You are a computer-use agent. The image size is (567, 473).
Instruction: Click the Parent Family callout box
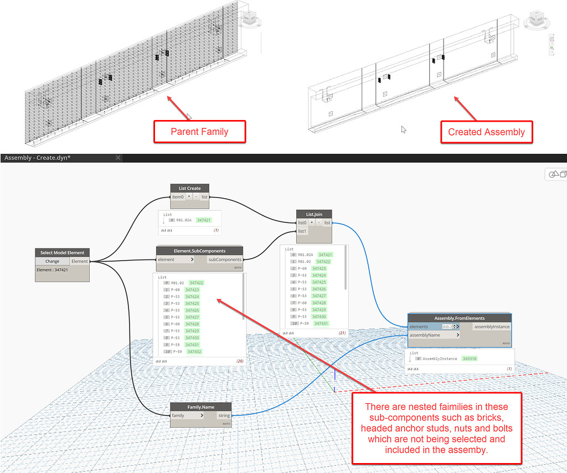[x=199, y=132]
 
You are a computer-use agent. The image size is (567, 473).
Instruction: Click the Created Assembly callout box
[x=486, y=132]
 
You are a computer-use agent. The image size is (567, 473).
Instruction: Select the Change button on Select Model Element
[x=52, y=261]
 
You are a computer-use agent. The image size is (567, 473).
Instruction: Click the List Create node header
[x=190, y=188]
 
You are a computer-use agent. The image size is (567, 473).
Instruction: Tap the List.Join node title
[x=313, y=214]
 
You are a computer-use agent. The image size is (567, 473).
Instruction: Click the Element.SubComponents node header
[x=199, y=251]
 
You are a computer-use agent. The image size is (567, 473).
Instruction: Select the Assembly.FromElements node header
[x=460, y=318]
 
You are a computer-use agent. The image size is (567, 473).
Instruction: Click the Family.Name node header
[x=201, y=407]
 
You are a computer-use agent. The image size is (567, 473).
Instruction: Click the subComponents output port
[x=225, y=259]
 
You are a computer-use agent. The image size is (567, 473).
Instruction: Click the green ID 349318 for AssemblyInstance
[x=469, y=358]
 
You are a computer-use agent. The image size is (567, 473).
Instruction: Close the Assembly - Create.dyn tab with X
[x=117, y=158]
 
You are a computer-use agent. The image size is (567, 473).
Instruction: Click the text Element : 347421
[x=53, y=270]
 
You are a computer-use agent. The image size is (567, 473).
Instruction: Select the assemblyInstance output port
[x=491, y=327]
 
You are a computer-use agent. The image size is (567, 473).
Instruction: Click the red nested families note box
[x=437, y=428]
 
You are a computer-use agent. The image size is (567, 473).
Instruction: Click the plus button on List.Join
[x=311, y=222]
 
